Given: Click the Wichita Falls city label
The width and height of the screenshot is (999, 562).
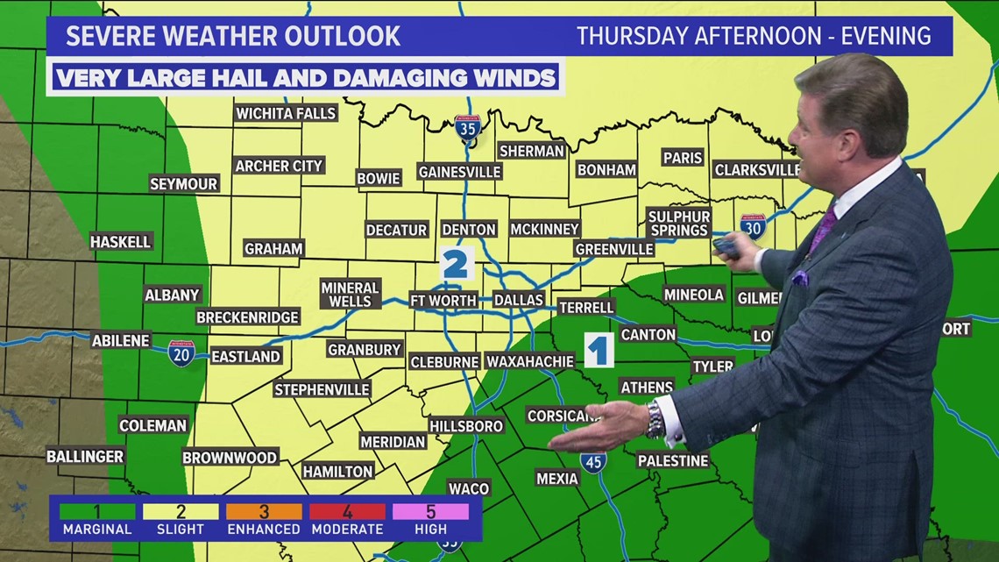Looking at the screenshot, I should (x=286, y=113).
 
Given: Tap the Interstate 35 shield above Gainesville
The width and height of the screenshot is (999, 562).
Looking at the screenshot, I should (x=468, y=129).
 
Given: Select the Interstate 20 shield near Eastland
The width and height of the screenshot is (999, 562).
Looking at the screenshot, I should (x=181, y=353).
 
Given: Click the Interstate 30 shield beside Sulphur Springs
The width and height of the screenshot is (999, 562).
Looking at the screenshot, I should (x=752, y=227).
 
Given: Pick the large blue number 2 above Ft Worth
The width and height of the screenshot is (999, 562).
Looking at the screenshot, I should (x=456, y=264).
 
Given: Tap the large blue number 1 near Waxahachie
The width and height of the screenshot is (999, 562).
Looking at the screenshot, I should (x=599, y=351).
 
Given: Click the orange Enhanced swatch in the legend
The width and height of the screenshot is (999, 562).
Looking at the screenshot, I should (x=264, y=511).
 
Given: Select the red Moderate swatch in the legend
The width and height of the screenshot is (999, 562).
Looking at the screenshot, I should (x=348, y=511).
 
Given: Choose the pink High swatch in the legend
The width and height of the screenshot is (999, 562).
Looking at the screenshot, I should (x=431, y=511).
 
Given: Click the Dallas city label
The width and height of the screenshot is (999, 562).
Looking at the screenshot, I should (x=519, y=300).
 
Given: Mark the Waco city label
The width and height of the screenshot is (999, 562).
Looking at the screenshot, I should (x=469, y=488).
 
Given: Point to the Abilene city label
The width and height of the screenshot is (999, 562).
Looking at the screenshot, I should (x=121, y=340).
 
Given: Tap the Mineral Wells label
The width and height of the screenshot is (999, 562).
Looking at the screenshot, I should (x=350, y=295).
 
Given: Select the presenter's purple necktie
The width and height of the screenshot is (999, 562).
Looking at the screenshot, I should (x=822, y=230).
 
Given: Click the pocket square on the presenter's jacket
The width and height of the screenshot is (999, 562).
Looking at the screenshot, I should (x=799, y=278).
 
